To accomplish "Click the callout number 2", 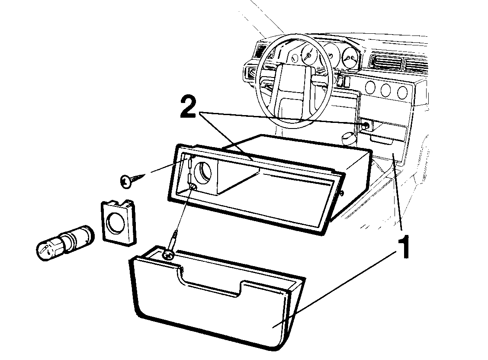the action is tap(188, 107).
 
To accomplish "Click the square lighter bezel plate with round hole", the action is tap(119, 221).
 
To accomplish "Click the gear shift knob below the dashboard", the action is tap(349, 138).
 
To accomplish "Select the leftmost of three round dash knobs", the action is tap(370, 88).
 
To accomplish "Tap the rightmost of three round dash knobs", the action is tap(402, 93).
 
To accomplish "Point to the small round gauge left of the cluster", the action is tap(295, 58).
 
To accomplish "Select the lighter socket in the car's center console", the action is tap(366, 126).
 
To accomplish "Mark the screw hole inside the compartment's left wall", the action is tap(193, 187).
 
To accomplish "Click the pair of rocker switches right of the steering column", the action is tap(343, 81).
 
